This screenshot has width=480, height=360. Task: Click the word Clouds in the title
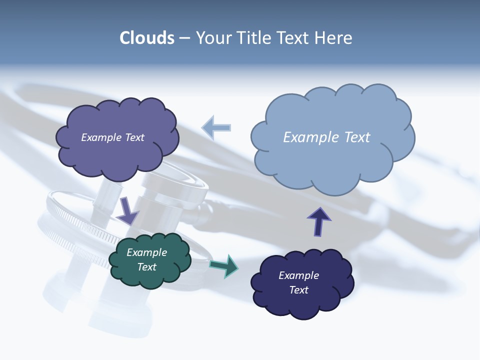[146, 38]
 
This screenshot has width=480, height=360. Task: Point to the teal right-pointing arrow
[224, 265]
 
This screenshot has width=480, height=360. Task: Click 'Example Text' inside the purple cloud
[112, 137]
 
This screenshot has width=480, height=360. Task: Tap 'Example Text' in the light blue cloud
[326, 137]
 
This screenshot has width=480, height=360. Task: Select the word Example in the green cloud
[146, 252]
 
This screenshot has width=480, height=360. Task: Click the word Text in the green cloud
[146, 267]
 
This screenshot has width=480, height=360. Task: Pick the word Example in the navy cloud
[298, 275]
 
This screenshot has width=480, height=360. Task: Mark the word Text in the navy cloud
[298, 290]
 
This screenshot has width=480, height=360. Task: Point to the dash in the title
[184, 38]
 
